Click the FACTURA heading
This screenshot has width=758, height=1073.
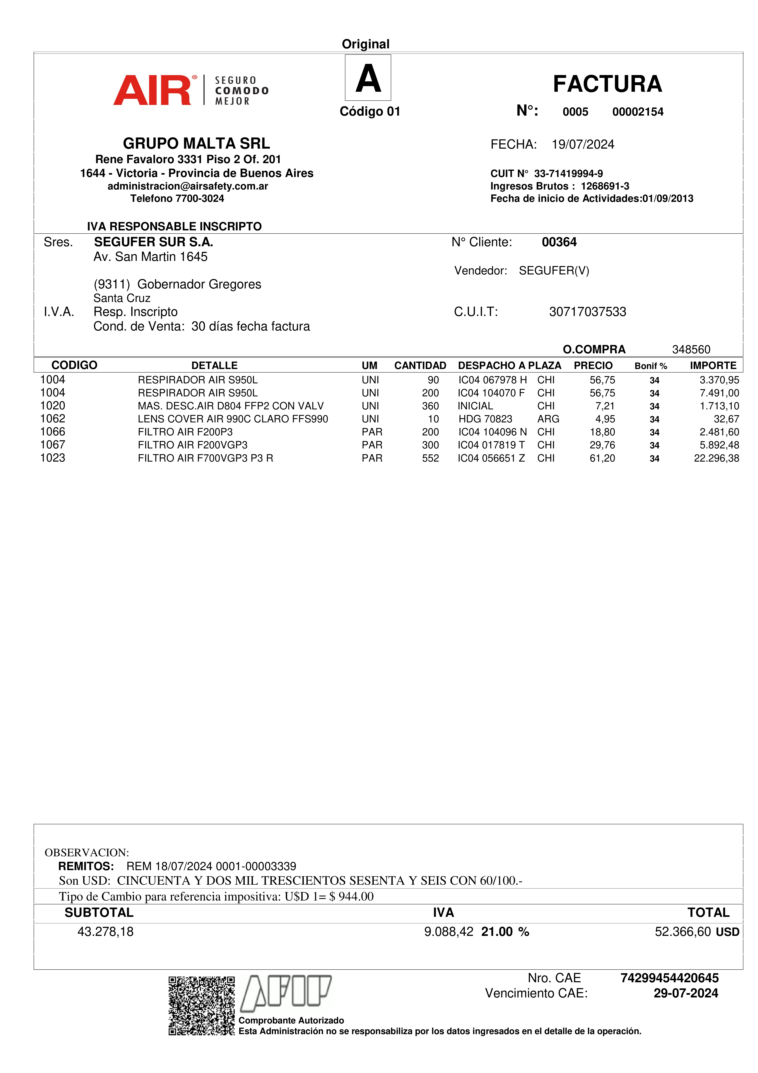(x=607, y=84)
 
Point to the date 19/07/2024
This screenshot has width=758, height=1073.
(x=583, y=144)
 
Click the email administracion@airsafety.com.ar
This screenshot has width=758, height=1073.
(x=188, y=186)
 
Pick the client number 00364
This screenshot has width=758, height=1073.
(x=559, y=242)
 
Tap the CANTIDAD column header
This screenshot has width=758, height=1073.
(x=420, y=366)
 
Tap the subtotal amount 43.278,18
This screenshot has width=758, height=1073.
(x=105, y=932)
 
